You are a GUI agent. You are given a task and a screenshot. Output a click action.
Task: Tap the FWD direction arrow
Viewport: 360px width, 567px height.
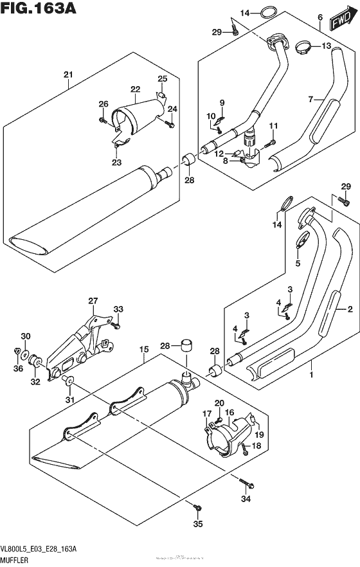coord(339,22)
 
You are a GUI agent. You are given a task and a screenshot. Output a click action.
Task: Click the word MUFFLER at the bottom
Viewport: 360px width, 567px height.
coord(21,559)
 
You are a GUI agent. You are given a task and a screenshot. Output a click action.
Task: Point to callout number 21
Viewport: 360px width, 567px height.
coord(68,75)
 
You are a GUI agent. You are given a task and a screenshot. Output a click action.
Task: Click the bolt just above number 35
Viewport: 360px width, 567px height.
coord(198,509)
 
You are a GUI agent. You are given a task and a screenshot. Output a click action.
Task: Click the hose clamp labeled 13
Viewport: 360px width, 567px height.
coord(305,46)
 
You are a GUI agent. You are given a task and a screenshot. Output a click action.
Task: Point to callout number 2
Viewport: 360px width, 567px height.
coord(350,310)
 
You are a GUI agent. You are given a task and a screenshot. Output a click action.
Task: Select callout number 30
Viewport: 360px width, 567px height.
coord(24,336)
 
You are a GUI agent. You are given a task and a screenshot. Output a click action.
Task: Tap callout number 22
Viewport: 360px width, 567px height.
coord(135,89)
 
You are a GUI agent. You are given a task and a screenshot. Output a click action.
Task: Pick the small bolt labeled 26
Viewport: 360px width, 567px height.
coord(103,119)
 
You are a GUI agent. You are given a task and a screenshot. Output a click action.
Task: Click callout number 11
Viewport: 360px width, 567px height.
coord(273,125)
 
